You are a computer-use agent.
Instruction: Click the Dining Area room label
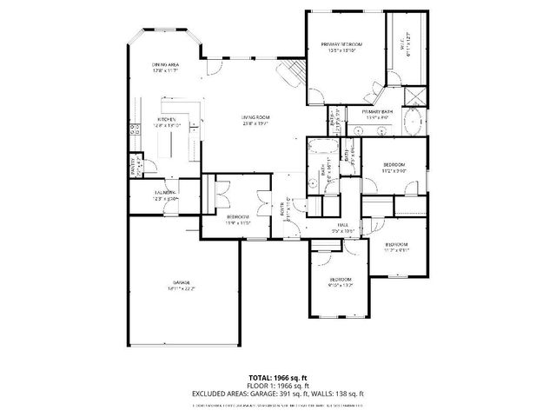[x=165, y=65]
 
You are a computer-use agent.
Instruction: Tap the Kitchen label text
[x=167, y=119]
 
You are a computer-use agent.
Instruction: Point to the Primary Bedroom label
[x=341, y=44]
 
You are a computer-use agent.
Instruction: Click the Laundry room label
[x=166, y=191]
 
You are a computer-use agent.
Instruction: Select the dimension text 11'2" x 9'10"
[x=394, y=171]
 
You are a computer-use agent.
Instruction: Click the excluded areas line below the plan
[x=277, y=394]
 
